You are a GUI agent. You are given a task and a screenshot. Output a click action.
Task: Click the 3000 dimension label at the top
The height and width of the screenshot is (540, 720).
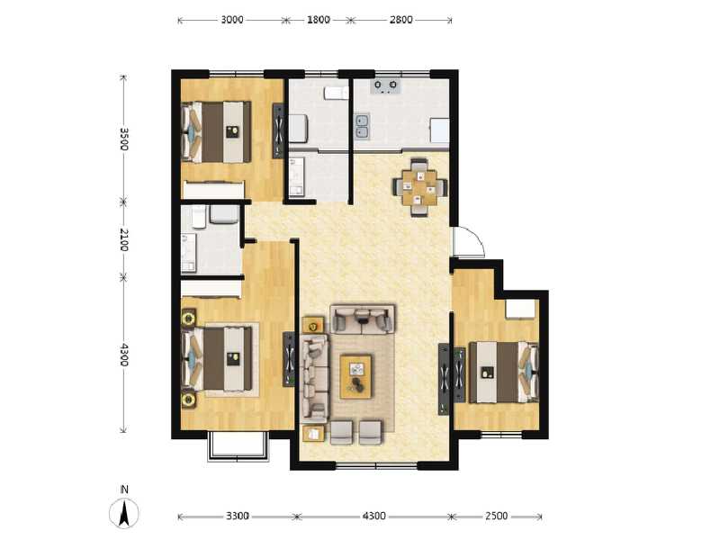(x=232, y=20)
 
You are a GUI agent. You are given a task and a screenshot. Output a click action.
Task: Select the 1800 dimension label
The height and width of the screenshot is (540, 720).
(x=318, y=20)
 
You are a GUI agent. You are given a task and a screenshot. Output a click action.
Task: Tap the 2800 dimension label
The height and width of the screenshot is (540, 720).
(x=400, y=20)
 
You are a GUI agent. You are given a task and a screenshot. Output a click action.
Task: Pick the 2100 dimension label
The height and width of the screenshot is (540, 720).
(x=124, y=240)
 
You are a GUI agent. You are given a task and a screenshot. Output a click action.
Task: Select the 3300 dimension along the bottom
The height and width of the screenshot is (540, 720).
(x=238, y=517)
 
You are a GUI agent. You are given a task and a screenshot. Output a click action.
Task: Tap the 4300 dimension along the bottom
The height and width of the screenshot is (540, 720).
(x=374, y=517)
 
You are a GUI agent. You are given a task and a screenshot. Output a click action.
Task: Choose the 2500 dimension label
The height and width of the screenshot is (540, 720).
(x=496, y=517)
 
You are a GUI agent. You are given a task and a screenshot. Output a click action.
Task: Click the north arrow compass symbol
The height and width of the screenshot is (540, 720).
(x=124, y=514)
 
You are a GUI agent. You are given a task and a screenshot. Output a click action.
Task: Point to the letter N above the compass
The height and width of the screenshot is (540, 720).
(x=124, y=490)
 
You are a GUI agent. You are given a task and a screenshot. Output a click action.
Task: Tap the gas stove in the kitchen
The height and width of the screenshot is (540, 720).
(x=388, y=87)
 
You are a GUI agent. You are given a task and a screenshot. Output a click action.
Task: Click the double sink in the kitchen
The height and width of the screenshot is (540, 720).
(x=363, y=127)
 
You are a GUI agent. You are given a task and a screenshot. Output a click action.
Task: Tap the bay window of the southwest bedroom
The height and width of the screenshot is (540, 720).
(x=238, y=447)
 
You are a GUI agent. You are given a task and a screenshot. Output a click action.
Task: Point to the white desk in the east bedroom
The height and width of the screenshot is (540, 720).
(x=520, y=308)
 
